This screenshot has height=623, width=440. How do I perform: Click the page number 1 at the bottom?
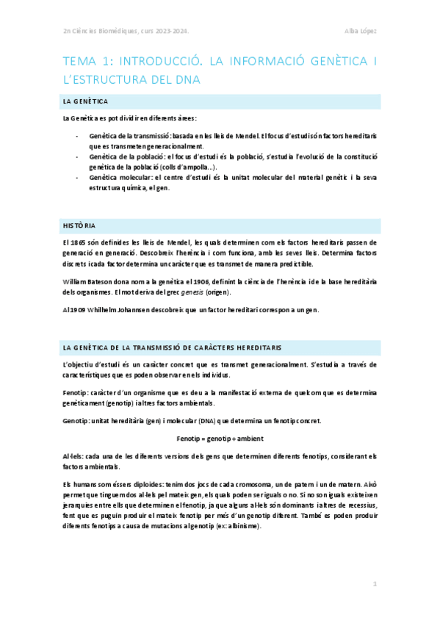[x=375, y=584]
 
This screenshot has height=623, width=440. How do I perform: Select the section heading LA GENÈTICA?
[x=87, y=101]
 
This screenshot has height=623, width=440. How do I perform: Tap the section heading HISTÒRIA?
[x=79, y=225]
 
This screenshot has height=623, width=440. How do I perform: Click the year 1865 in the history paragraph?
[x=81, y=241]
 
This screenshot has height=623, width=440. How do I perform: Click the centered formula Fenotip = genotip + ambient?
[x=220, y=439]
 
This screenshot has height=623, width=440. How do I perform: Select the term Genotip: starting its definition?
[x=79, y=421]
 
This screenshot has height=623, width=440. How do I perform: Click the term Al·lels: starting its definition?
[x=76, y=456]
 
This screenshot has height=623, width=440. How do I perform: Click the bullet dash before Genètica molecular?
[x=78, y=177]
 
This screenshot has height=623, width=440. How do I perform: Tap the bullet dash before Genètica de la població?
[x=78, y=156]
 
